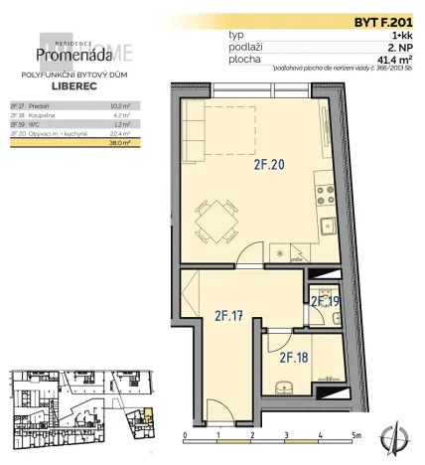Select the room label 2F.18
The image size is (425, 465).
tap(293, 357)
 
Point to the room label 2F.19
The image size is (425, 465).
tap(326, 300)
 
